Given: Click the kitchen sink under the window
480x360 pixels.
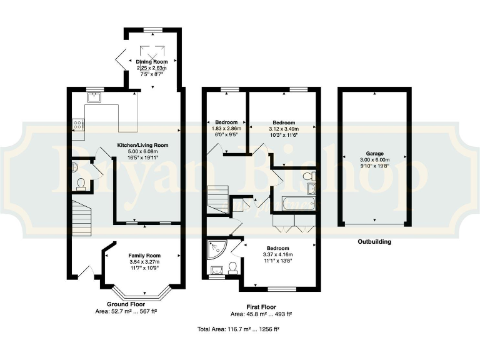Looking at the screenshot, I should click(96, 97).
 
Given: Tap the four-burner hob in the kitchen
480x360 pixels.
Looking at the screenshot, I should click(79, 124).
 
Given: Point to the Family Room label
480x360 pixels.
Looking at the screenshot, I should click(144, 256).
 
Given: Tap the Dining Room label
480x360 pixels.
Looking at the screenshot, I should click(152, 62).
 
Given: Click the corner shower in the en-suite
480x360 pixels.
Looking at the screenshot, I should click(216, 250).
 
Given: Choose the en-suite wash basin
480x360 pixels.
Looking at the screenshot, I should click(216, 270).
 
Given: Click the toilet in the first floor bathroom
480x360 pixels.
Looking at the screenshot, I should click(309, 179).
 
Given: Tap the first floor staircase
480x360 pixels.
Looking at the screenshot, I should click(219, 199).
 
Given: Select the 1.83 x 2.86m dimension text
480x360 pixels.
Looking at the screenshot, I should click(226, 128).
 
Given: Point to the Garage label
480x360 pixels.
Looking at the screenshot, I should click(375, 153).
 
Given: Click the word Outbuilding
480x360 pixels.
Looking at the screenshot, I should click(374, 241).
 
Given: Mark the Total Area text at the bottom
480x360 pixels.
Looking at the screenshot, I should click(237, 328).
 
